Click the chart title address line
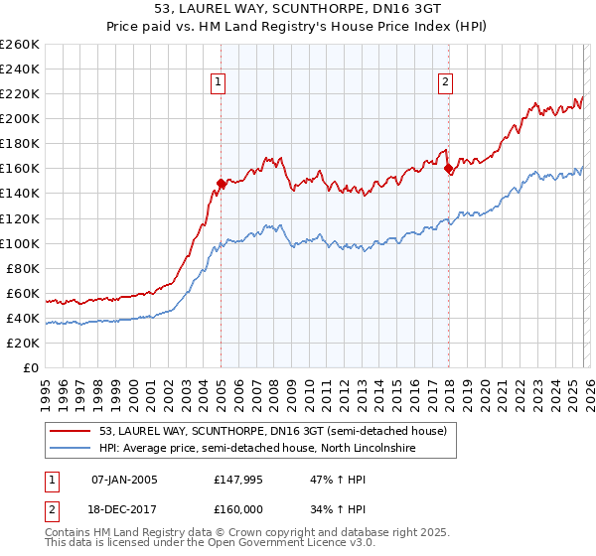pyautogui.click(x=298, y=8)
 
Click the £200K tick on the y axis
pyautogui.click(x=20, y=118)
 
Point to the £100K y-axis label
pyautogui.click(x=20, y=243)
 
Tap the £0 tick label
pyautogui.click(x=32, y=367)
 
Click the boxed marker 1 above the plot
pyautogui.click(x=217, y=82)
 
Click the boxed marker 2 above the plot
pyautogui.click(x=445, y=82)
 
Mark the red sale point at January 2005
pyautogui.click(x=221, y=183)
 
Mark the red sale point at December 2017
pyautogui.click(x=448, y=169)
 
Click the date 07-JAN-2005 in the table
pyautogui.click(x=124, y=480)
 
